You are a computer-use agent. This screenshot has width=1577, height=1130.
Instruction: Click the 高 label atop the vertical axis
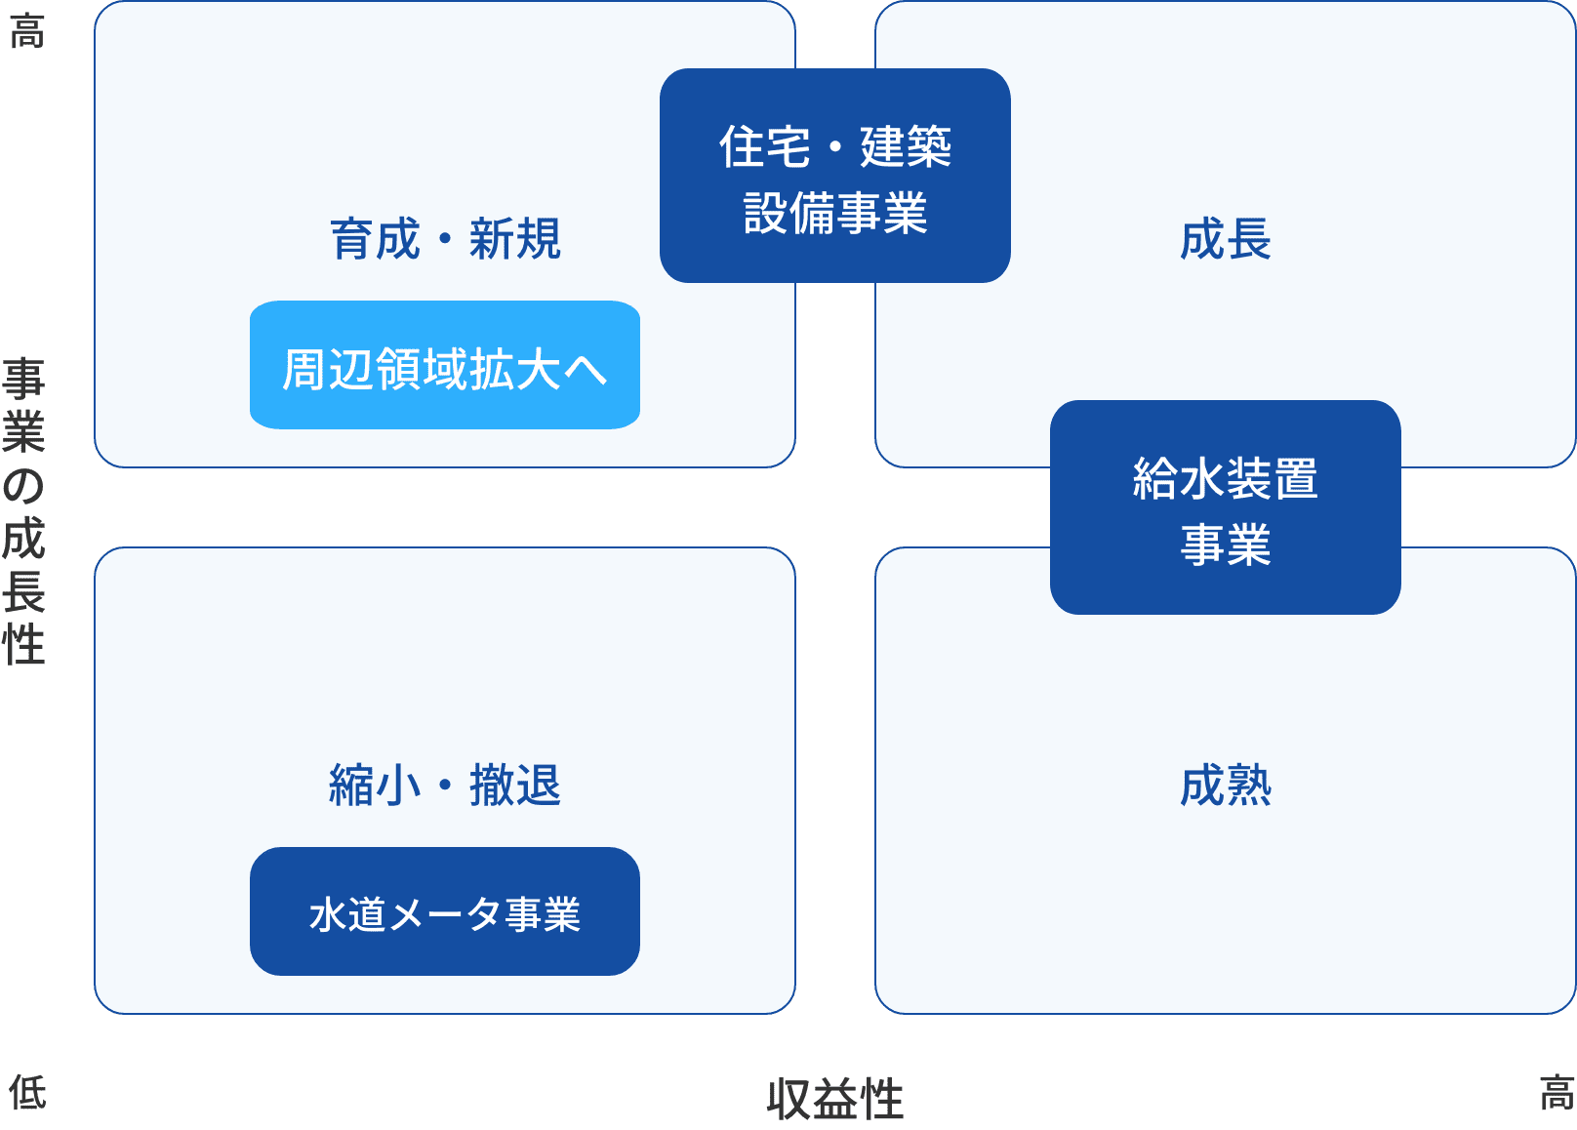pyautogui.click(x=26, y=31)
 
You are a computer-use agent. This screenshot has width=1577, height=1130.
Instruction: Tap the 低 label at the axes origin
pyautogui.click(x=27, y=1092)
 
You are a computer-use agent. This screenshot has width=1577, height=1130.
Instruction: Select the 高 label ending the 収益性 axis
pyautogui.click(x=1557, y=1092)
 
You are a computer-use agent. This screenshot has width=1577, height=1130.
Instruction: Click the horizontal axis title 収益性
pyautogui.click(x=834, y=1100)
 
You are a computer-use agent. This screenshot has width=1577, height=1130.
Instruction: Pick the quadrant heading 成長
pyautogui.click(x=1225, y=239)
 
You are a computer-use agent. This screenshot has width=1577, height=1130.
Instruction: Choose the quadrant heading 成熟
pyautogui.click(x=1225, y=786)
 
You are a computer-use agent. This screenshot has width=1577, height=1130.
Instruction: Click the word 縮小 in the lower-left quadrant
pyautogui.click(x=375, y=786)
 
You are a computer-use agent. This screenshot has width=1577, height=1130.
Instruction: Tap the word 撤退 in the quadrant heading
pyautogui.click(x=515, y=786)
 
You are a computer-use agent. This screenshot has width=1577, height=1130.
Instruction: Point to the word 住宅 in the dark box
pyautogui.click(x=765, y=147)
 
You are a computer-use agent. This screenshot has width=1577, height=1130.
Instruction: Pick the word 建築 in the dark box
pyautogui.click(x=906, y=147)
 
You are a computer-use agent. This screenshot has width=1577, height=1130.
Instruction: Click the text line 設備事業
pyautogui.click(x=834, y=214)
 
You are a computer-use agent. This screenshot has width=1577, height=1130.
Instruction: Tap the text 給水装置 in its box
pyautogui.click(x=1225, y=479)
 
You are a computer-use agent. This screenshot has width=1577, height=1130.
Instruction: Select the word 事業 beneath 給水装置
pyautogui.click(x=1225, y=545)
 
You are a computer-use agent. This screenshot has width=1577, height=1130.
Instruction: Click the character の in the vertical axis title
pyautogui.click(x=24, y=485)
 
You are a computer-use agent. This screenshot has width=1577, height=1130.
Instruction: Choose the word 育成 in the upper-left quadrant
pyautogui.click(x=375, y=239)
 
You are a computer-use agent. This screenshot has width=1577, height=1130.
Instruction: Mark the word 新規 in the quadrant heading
pyautogui.click(x=515, y=239)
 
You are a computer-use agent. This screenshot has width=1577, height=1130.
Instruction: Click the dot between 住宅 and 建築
pyautogui.click(x=835, y=147)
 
